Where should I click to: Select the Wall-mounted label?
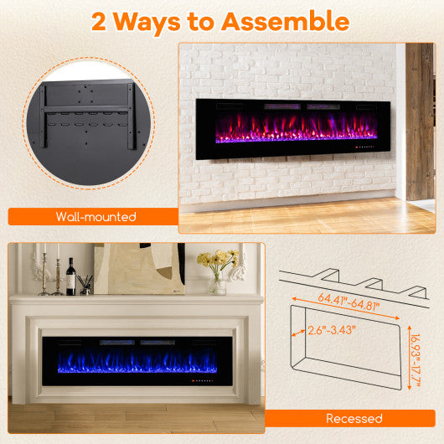pos(96,217)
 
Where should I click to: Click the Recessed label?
pos(354,418)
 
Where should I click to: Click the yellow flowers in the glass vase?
pos(216,261)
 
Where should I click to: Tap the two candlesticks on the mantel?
pos(49,272)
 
